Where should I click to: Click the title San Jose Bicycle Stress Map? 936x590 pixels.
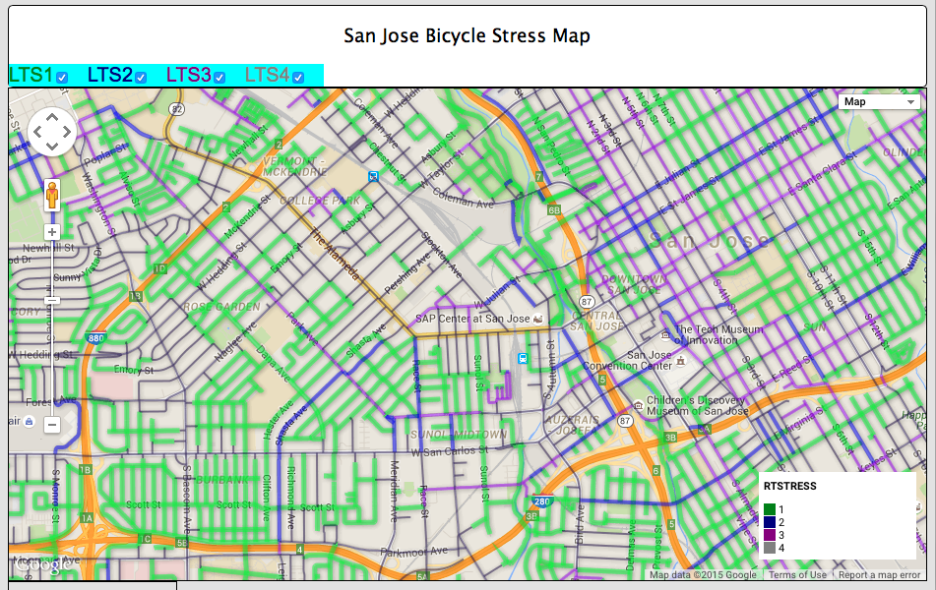467,36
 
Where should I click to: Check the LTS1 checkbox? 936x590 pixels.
62,77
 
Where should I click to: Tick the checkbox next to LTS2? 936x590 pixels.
141,77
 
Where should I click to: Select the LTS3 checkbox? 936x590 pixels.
219,77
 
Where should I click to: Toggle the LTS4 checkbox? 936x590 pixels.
297,77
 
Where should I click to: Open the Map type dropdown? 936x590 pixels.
880,101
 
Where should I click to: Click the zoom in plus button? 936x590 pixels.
52,233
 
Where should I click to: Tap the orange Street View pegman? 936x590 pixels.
52,195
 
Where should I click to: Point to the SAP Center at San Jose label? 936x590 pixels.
473,319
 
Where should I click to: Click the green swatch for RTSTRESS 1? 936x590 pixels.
770,508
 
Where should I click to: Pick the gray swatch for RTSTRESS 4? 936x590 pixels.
770,547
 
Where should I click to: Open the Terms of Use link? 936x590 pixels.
797,575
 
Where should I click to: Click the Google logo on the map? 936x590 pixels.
42,565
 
